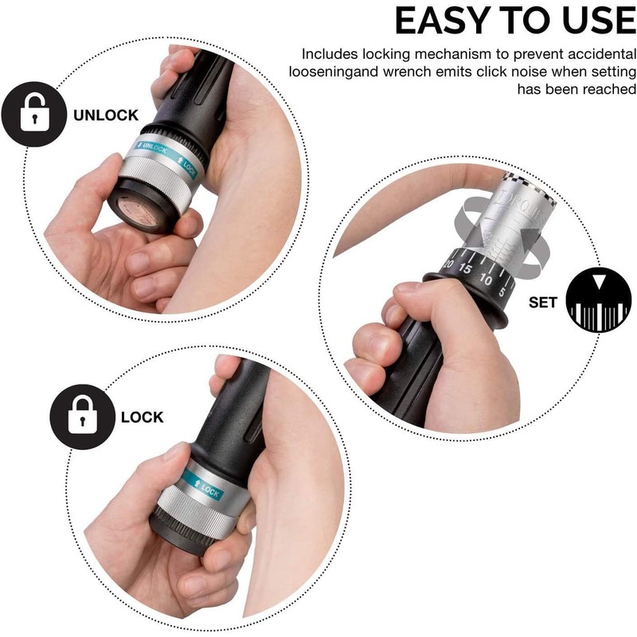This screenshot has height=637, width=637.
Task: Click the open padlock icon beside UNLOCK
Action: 34,114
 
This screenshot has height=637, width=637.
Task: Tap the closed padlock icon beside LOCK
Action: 83,416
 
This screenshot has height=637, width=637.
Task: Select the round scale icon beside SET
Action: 599,300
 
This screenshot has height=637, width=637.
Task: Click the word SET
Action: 543,303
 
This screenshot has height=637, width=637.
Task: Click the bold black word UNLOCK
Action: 106,115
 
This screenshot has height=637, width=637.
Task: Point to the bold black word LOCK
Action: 143,417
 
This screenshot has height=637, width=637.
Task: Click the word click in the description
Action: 492,72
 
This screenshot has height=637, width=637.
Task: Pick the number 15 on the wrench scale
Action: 465,268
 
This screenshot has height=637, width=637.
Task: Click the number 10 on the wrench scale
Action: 486,279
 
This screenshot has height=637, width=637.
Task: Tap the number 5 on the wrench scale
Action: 502,291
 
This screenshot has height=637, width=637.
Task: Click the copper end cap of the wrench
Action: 138,210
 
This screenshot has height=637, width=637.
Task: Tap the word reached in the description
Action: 608,89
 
